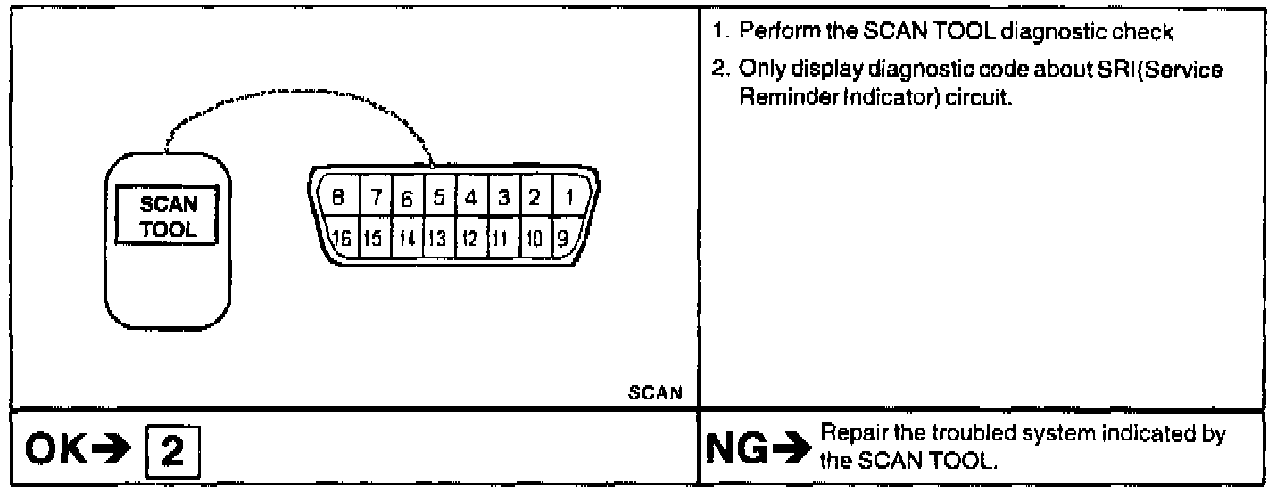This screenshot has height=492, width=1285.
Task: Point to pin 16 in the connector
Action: coord(339,238)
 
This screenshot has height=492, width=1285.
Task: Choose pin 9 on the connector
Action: coord(562,237)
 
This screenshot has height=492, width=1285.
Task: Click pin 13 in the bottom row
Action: coord(437,238)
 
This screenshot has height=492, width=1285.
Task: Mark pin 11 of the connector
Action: coord(502,238)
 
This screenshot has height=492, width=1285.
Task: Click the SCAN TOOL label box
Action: coord(169,217)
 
